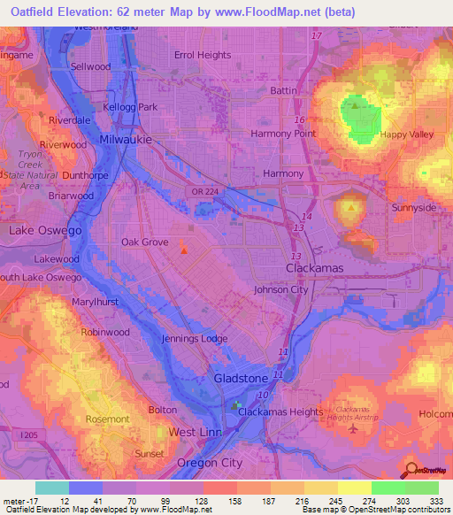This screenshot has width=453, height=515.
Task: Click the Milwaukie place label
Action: (x=127, y=140)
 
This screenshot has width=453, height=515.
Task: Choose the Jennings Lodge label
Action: (x=193, y=339)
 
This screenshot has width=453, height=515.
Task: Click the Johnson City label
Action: (x=280, y=289)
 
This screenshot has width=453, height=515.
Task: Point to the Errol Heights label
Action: (x=203, y=55)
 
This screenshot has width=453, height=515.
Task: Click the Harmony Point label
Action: (x=283, y=134)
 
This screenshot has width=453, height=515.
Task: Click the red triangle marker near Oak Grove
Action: (x=184, y=250)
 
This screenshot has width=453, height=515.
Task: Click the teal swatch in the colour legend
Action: (x=51, y=488)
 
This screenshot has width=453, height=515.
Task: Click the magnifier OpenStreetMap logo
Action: (x=411, y=471)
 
